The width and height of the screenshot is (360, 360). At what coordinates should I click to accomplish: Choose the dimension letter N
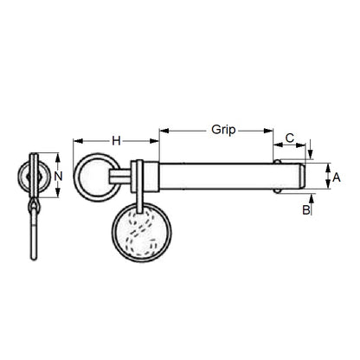[59, 177]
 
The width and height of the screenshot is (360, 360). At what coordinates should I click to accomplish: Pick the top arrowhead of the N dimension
[58, 157]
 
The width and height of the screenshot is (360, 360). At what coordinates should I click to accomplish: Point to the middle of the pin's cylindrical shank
[216, 176]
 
